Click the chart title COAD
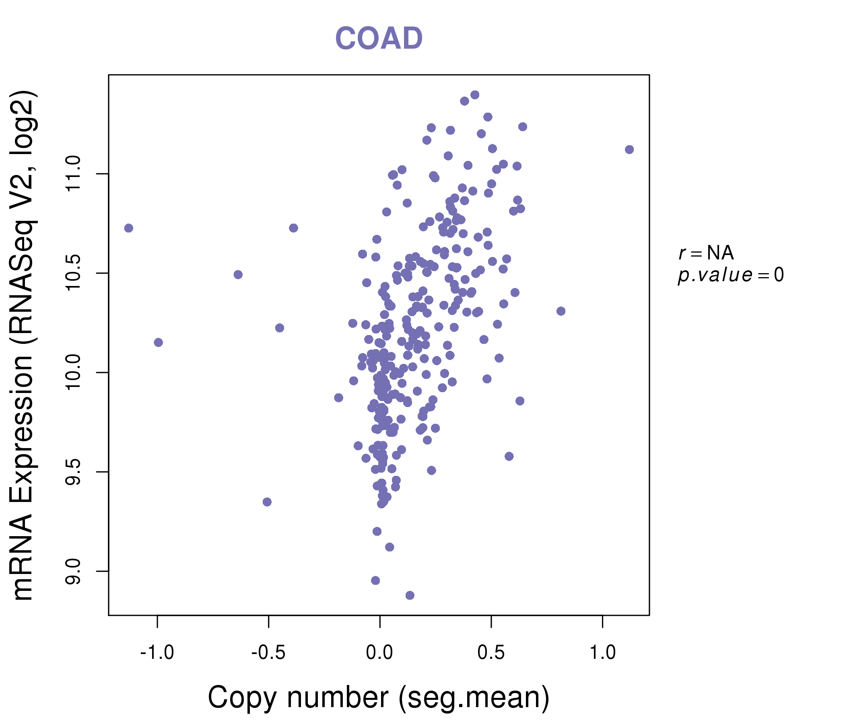(x=379, y=38)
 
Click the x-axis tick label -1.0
(x=157, y=653)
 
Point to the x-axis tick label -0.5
(x=268, y=653)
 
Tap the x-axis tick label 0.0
(x=380, y=653)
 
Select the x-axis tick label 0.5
(x=491, y=653)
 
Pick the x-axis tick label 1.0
(x=602, y=653)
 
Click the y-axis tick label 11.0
(x=73, y=174)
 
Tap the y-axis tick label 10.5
(x=73, y=273)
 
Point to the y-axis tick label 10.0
(x=73, y=372)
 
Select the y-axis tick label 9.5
(x=73, y=472)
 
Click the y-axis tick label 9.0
(x=73, y=571)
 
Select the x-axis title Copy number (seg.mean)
(x=379, y=697)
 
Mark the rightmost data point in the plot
(x=629, y=150)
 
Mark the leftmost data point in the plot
(x=128, y=228)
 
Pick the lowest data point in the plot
(x=410, y=595)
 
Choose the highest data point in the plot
(x=475, y=95)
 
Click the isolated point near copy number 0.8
(x=561, y=311)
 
